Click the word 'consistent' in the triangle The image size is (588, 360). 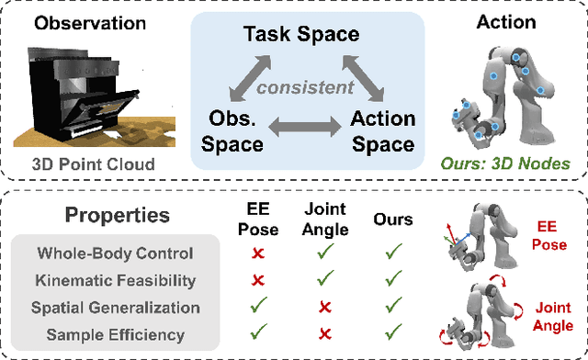click(291, 89)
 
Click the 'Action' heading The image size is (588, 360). click(507, 23)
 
